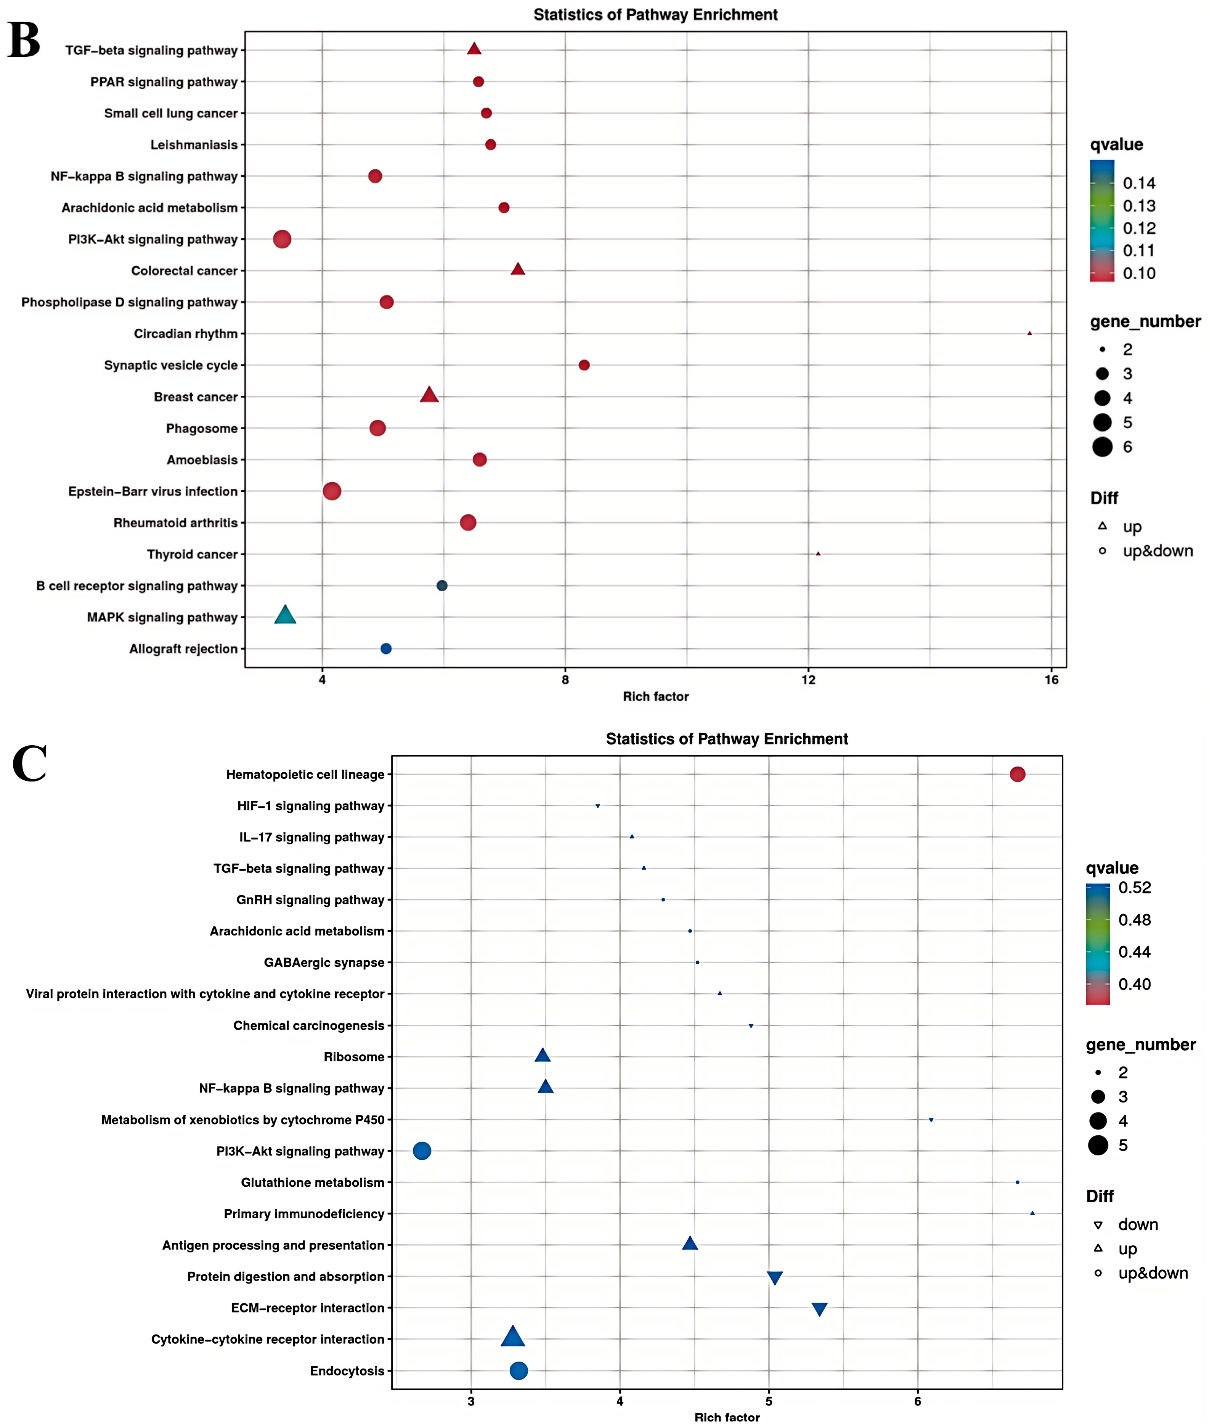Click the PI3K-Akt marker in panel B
click(282, 239)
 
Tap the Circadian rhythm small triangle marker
click(1029, 334)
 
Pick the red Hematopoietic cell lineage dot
click(1017, 774)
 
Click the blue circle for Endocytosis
click(519, 1370)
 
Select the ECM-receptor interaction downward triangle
click(819, 1309)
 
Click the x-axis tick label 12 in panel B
click(809, 680)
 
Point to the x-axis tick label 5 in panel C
click(769, 1401)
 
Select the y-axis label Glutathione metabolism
click(313, 1183)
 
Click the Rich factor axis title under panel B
click(655, 696)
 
